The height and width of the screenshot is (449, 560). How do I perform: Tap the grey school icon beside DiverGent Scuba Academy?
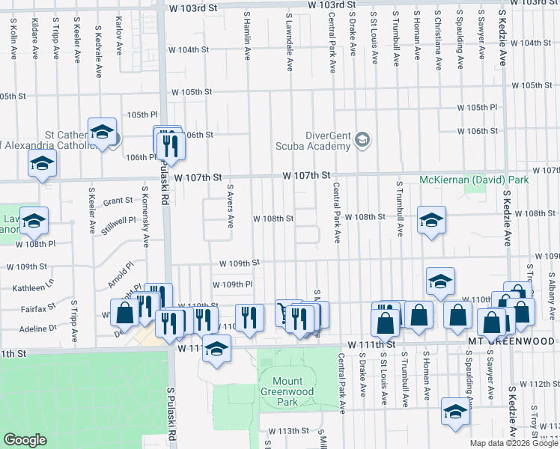362,139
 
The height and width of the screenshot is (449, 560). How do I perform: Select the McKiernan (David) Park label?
475,180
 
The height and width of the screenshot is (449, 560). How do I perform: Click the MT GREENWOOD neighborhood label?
514,340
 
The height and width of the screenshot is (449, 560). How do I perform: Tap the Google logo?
25,440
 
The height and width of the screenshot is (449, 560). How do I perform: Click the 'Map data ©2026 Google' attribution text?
514,443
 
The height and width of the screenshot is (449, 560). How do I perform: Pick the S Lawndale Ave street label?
289,41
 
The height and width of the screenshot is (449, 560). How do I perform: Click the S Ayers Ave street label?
231,206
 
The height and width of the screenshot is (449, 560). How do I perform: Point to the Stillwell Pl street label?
121,222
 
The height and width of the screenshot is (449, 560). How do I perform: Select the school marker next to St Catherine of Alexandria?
101,132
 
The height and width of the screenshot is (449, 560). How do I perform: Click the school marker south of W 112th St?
454,411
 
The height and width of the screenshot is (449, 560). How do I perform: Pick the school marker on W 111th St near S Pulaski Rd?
217,349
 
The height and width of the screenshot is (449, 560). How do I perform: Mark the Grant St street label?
118,201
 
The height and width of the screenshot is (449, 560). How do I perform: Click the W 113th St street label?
289,431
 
